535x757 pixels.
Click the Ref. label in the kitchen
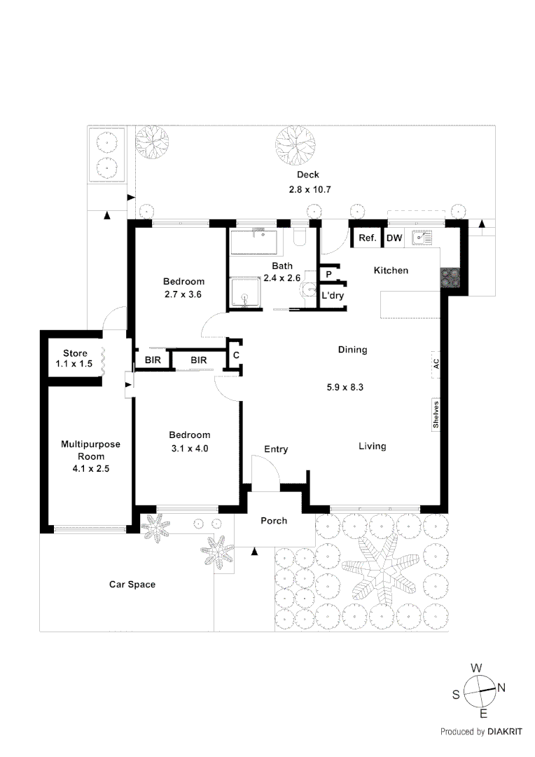click(368, 238)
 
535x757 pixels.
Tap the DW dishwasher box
click(394, 238)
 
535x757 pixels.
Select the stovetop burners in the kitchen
click(450, 278)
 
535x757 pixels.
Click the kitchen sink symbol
click(422, 238)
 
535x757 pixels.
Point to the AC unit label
click(436, 364)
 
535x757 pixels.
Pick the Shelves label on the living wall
click(436, 415)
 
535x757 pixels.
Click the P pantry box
click(328, 274)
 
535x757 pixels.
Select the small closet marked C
click(237, 355)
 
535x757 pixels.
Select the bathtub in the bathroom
click(253, 242)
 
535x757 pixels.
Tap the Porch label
click(274, 521)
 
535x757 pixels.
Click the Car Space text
click(132, 584)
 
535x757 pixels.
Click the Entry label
click(276, 449)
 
